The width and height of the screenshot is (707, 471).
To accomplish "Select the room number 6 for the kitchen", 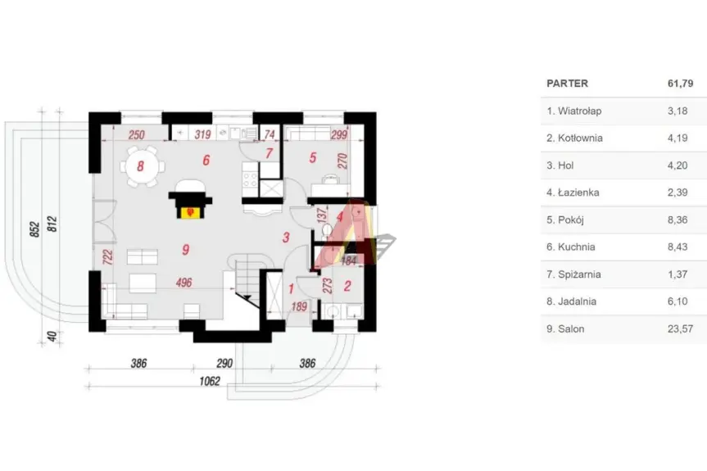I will point(206,161).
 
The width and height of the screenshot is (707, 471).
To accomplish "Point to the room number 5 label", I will point(312,158).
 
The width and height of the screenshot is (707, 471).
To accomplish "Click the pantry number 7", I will point(269,153).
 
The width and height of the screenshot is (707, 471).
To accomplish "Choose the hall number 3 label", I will point(286,238).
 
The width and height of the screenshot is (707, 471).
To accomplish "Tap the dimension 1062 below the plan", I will point(211,382).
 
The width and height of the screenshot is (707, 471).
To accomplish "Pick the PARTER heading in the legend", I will point(567,83).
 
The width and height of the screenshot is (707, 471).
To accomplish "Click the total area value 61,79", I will point(681,83).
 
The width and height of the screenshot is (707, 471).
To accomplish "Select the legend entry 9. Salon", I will point(566,329).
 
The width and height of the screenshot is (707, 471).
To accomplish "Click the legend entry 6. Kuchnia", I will point(570,247).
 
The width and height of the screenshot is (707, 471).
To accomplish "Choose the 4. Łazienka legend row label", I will point(573,192).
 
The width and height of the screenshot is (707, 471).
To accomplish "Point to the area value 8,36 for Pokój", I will point(678,220).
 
